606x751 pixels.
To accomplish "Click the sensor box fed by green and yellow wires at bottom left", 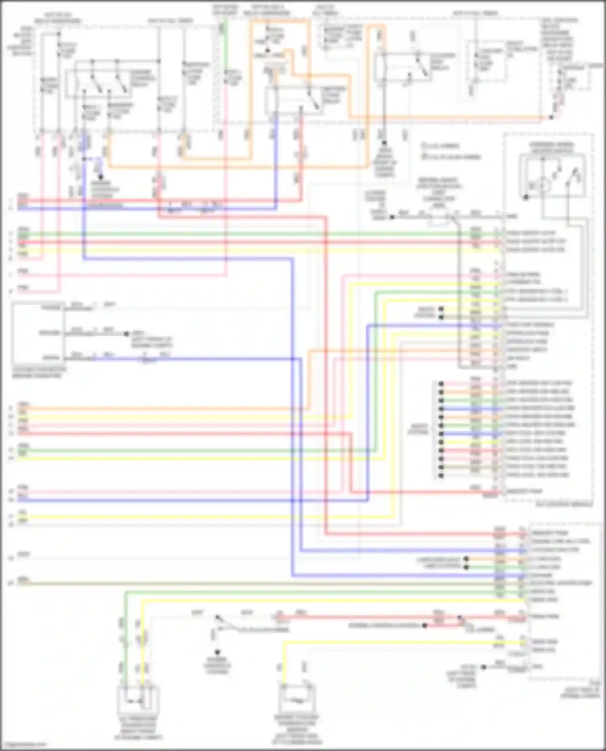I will click(138, 700).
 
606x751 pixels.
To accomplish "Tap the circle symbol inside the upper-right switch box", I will click(544, 185).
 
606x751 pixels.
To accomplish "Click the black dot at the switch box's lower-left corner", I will click(526, 197).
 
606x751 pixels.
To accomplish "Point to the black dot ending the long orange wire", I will click(551, 117).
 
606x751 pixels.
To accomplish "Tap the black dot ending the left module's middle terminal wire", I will click(126, 334).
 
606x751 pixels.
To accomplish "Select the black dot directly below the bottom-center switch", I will click(217, 652).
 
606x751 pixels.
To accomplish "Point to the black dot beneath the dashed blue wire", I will click(101, 177).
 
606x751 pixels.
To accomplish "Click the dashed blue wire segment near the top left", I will click(92, 159).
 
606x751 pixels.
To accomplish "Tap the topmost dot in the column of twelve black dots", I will click(441, 383).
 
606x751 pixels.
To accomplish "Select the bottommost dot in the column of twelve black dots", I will click(441, 475).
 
